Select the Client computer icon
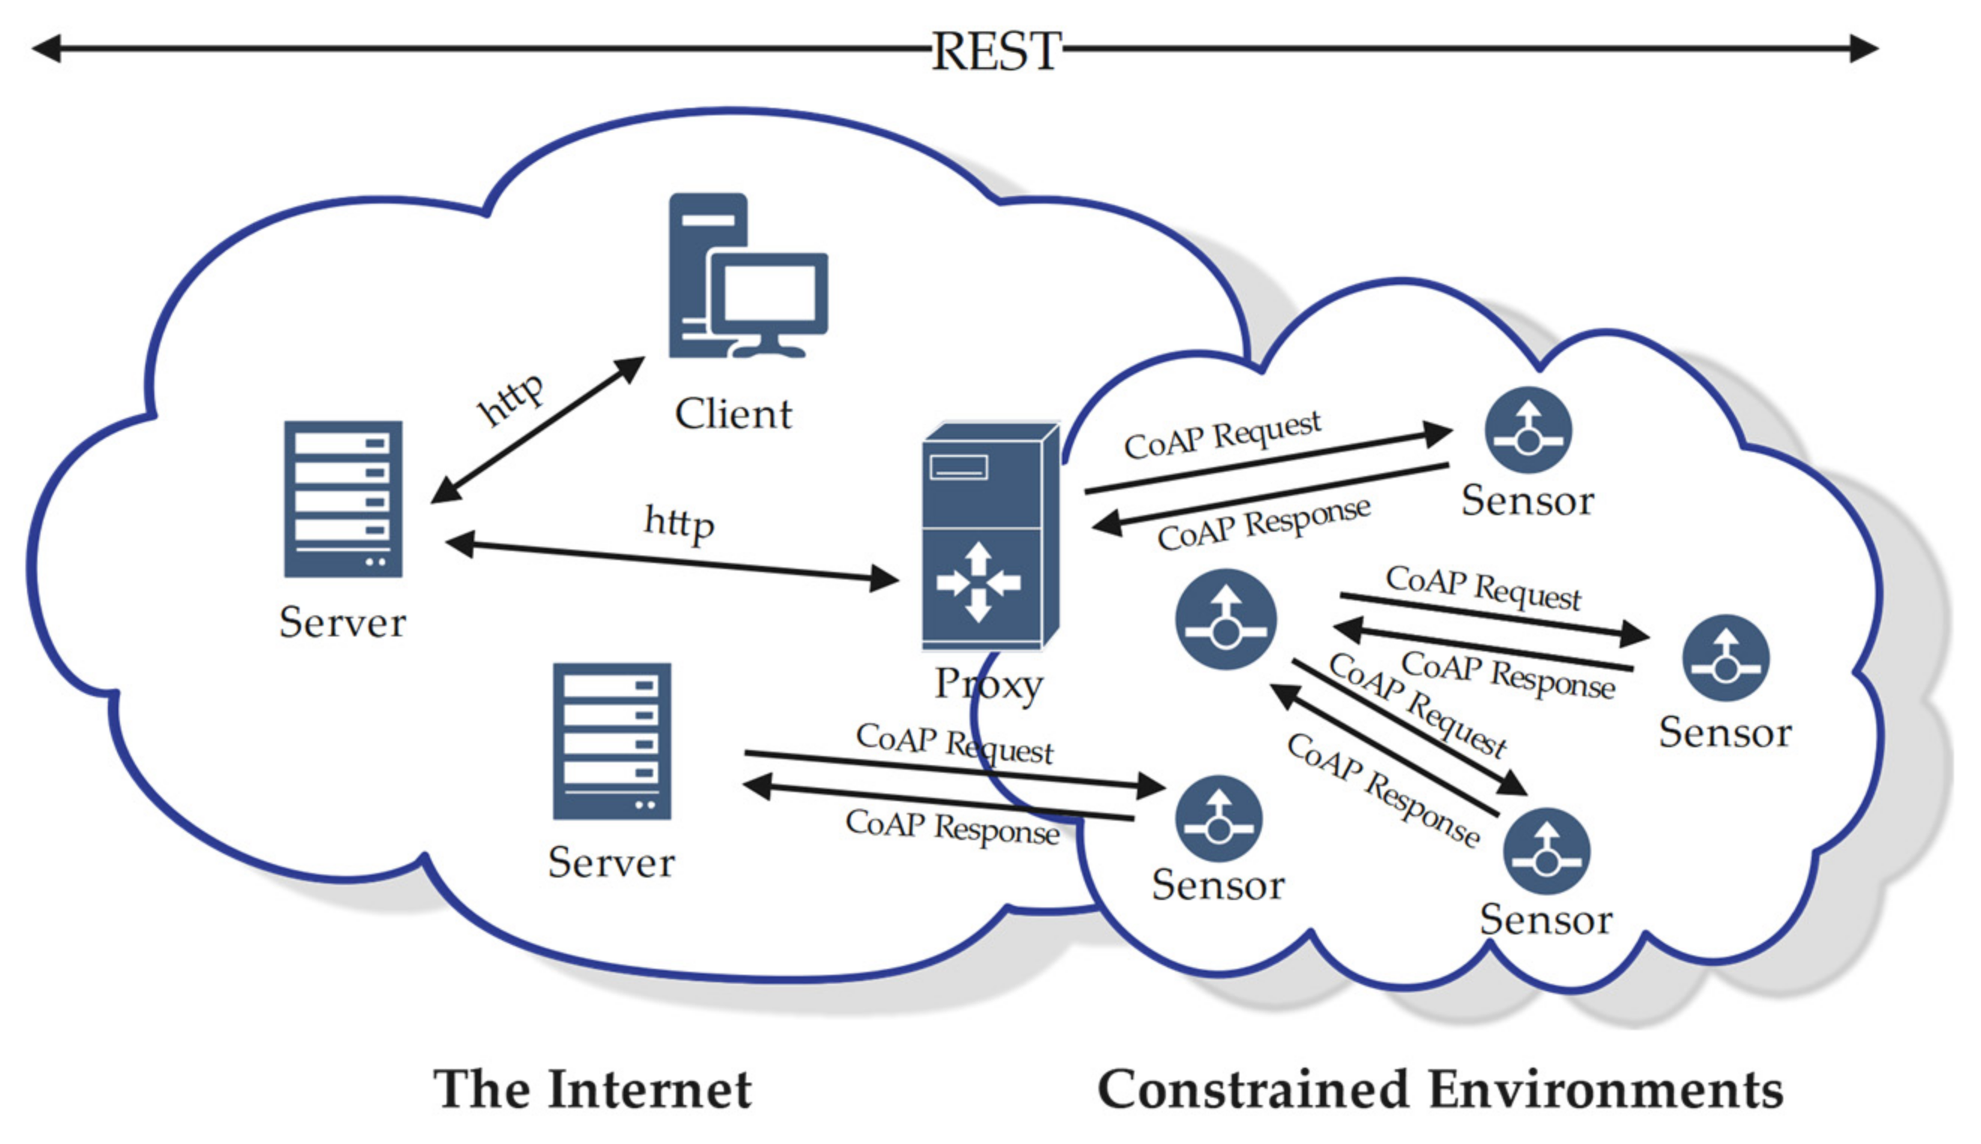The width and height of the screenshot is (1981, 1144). [x=747, y=276]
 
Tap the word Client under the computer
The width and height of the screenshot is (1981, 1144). [x=733, y=414]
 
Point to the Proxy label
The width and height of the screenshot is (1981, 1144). [x=988, y=684]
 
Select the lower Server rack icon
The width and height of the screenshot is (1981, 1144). [x=611, y=741]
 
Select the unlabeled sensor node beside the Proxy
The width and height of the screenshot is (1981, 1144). [x=1225, y=620]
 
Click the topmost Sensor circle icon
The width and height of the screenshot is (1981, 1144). [x=1528, y=430]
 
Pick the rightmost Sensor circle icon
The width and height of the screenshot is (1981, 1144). [x=1726, y=657]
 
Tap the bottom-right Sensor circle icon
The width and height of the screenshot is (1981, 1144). [x=1546, y=852]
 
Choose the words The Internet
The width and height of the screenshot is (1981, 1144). [x=593, y=1090]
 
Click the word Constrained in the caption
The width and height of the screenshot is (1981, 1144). [x=1252, y=1090]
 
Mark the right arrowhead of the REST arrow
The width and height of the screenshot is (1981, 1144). [x=1864, y=48]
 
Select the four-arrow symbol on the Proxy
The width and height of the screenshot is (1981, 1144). [x=977, y=582]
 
